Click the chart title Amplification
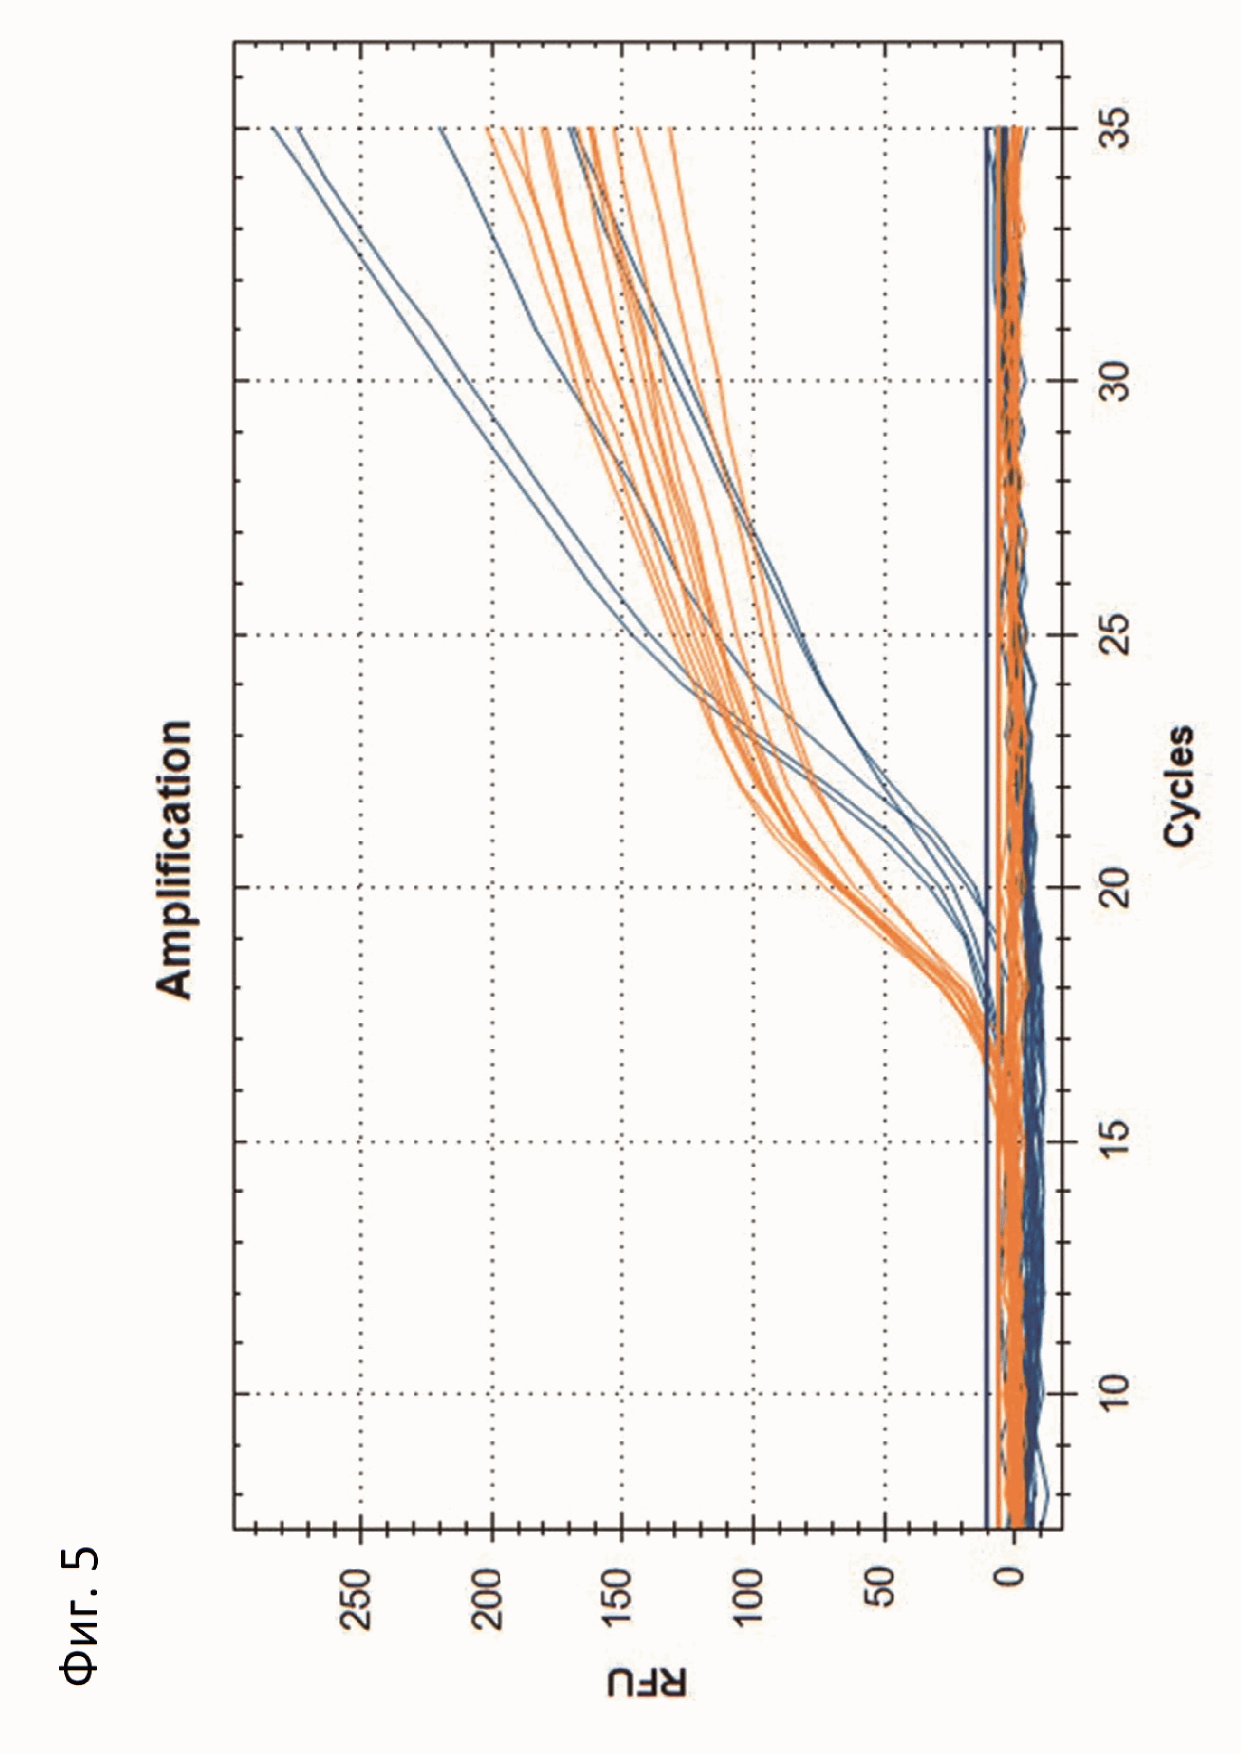coord(174,859)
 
